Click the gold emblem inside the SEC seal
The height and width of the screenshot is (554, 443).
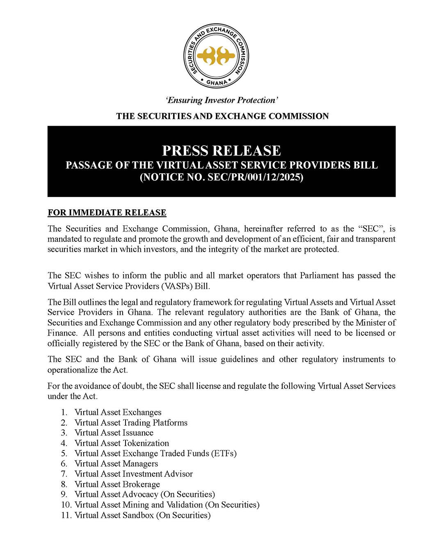216,55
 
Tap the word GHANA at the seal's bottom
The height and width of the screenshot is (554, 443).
217,82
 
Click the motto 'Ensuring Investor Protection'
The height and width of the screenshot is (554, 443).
222,100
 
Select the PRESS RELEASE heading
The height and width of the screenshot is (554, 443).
221,151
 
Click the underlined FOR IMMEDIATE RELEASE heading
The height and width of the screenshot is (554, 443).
107,213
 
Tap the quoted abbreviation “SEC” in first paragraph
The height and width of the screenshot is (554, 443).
371,229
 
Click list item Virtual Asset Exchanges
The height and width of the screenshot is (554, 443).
118,412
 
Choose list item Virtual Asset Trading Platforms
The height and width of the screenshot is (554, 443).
131,423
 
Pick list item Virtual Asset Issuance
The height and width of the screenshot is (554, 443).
114,433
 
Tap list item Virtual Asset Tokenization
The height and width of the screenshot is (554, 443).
121,443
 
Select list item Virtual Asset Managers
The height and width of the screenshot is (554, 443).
116,464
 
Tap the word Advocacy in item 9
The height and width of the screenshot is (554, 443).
140,494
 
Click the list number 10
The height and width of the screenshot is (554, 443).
66,505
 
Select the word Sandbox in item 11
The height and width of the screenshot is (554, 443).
138,515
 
